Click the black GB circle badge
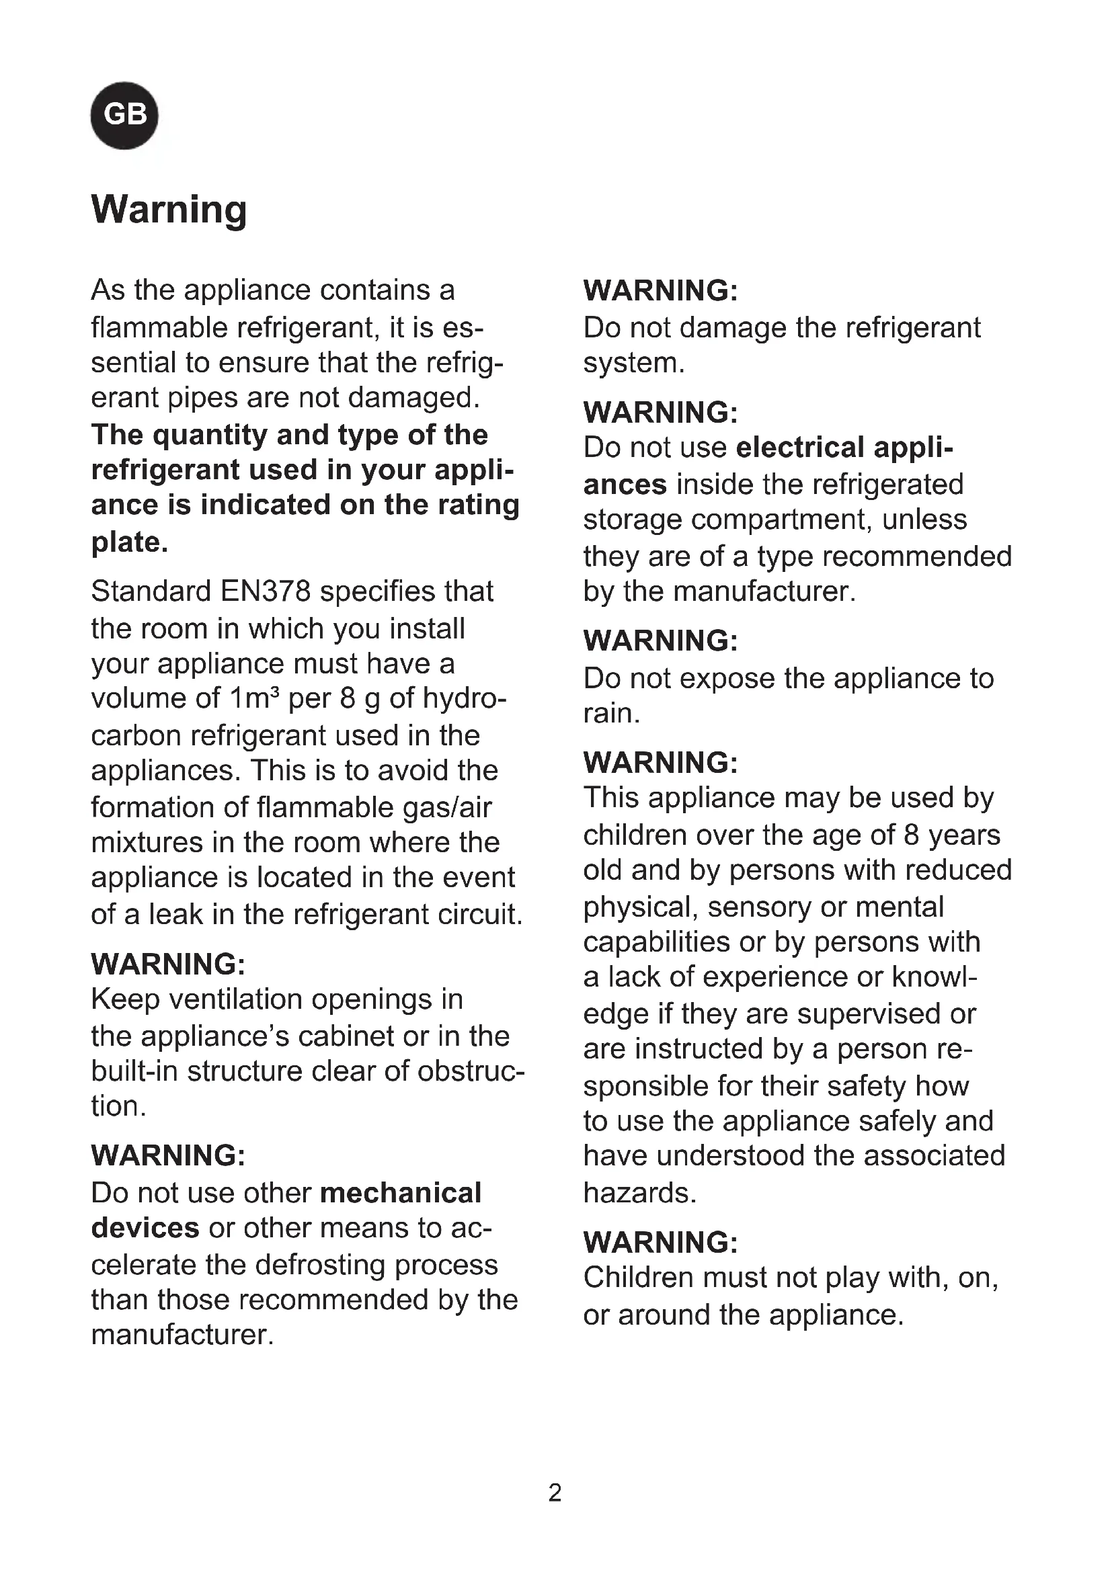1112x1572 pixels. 124,115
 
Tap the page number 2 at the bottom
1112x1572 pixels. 555,1492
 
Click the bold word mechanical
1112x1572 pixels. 401,1193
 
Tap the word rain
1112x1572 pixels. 610,714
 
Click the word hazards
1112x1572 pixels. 639,1193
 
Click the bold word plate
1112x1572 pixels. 129,542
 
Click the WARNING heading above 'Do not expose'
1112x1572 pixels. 660,641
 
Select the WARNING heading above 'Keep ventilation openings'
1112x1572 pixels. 168,964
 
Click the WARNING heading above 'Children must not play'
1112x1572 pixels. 660,1242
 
